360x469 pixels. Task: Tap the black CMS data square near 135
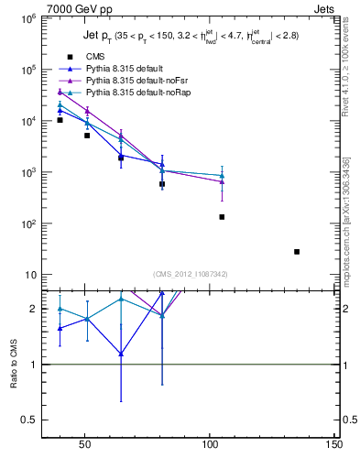[297, 251]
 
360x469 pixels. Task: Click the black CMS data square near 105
[222, 217]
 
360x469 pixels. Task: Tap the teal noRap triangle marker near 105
[222, 175]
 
